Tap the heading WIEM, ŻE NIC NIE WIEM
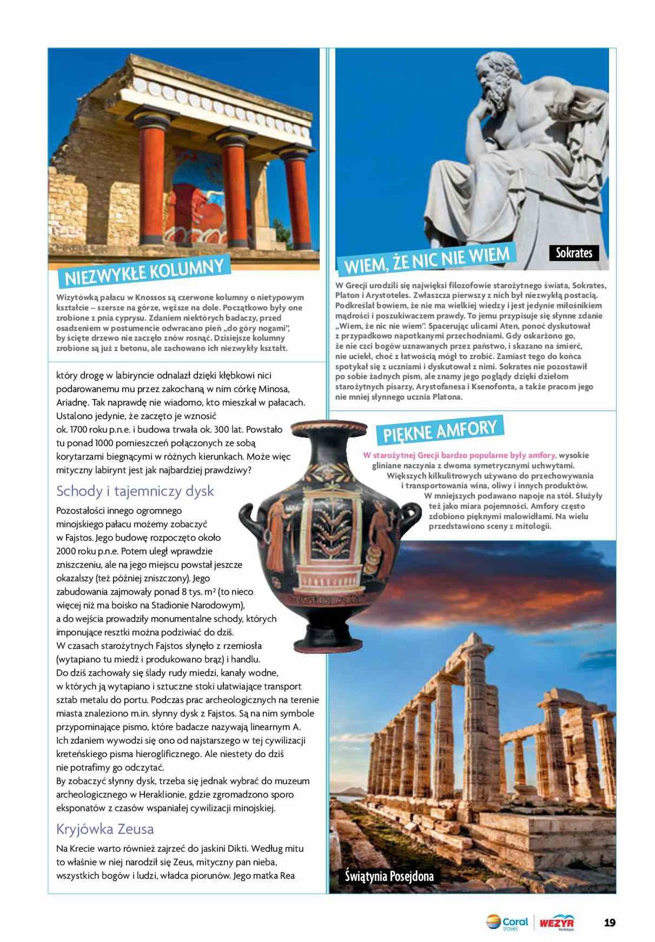[x=426, y=260]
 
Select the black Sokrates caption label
[x=574, y=253]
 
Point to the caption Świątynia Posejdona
[x=389, y=875]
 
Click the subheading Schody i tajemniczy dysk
[x=135, y=491]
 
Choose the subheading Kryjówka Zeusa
[x=105, y=829]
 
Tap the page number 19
[x=610, y=922]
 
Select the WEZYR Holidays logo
[x=557, y=922]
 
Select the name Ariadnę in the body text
[x=72, y=403]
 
